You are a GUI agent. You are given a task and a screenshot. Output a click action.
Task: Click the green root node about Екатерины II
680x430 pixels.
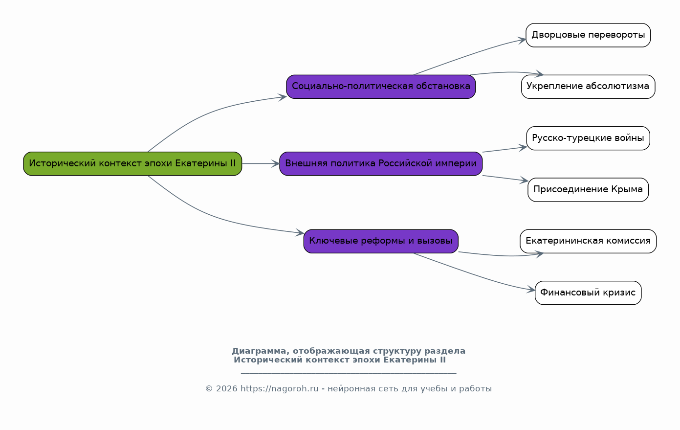point(132,164)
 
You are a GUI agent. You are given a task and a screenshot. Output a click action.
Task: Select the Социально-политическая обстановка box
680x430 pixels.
point(381,87)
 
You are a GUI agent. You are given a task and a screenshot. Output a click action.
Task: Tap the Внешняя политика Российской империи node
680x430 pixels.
point(381,164)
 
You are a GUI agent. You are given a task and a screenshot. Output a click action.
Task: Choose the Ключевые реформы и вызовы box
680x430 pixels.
point(381,241)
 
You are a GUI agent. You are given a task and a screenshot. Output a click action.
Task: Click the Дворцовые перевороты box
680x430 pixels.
point(588,35)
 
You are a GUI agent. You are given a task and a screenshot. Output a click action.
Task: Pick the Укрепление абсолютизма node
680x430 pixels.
point(588,87)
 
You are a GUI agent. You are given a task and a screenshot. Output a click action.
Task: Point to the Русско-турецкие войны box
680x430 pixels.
point(588,138)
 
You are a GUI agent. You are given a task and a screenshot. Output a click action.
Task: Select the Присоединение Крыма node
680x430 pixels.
point(588,190)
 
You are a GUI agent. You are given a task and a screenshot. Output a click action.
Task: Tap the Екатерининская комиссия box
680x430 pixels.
point(588,241)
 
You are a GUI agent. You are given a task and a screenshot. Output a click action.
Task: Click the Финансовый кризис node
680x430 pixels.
point(588,293)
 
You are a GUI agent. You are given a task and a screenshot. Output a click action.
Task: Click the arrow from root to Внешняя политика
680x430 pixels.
point(261,164)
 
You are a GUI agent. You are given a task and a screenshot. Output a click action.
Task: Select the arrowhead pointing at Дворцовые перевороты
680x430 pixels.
point(522,40)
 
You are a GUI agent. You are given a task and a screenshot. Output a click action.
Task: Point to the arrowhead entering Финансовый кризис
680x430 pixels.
point(530,290)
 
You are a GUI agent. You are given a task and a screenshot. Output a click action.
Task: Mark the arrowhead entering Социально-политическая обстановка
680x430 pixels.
point(283,97)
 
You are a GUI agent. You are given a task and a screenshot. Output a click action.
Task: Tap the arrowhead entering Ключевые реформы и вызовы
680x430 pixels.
point(300,232)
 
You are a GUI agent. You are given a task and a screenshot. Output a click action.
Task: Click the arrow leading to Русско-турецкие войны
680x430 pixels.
point(505,150)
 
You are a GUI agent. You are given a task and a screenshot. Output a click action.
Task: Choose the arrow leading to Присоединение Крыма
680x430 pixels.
point(505,179)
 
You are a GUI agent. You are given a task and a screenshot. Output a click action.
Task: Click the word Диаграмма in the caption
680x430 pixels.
point(259,351)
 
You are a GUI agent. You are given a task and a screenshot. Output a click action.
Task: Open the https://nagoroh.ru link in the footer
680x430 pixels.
point(280,389)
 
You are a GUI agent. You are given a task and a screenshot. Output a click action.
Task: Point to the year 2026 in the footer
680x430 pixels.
point(226,389)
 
